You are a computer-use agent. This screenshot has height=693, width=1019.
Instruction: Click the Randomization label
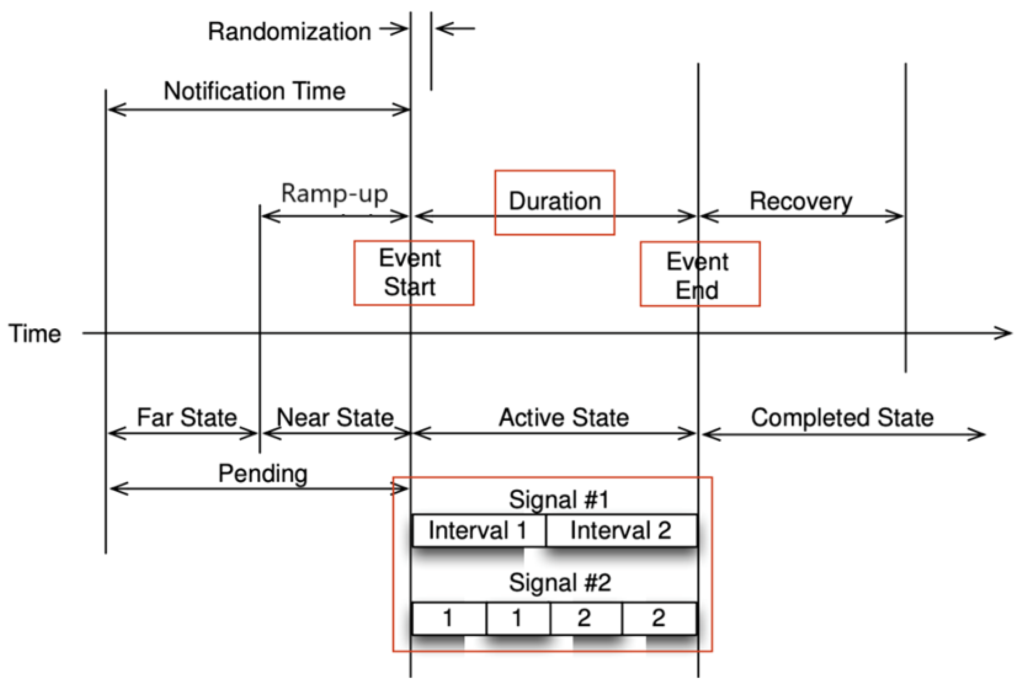pos(290,32)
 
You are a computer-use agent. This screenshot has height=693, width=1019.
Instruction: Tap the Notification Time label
pos(254,91)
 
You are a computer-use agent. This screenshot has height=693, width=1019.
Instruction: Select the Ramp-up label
pos(335,193)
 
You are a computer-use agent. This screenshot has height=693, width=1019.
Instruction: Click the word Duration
pos(555,201)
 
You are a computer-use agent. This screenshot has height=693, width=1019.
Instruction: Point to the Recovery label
pos(801,201)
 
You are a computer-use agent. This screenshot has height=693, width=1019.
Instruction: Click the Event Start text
pos(410,272)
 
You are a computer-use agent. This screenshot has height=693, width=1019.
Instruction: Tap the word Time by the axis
pos(35,334)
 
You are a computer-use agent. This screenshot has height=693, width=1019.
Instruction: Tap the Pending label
pos(263,474)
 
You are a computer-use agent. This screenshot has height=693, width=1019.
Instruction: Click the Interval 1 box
pos(478,530)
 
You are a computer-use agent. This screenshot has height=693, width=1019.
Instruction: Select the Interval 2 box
pos(620,530)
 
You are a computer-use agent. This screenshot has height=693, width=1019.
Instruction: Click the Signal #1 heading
pos(559,499)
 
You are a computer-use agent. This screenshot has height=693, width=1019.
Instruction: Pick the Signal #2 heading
pos(560,582)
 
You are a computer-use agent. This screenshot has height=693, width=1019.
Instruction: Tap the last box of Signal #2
pos(659,619)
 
